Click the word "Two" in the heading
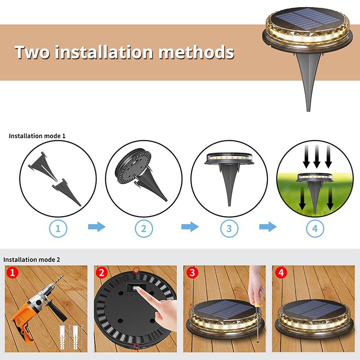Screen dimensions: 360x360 (32, 52)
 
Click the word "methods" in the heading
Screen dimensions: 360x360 (196, 52)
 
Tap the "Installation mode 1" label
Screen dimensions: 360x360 (37, 136)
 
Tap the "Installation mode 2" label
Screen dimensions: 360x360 (31, 260)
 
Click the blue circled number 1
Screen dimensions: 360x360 (58, 229)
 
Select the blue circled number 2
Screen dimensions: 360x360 (144, 229)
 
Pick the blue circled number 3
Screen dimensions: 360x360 (229, 229)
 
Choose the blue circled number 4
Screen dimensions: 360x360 (315, 229)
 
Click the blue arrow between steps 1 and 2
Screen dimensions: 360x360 (97, 227)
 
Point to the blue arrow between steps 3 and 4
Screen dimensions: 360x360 (268, 227)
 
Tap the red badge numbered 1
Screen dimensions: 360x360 (13, 273)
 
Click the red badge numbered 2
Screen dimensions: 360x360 (102, 273)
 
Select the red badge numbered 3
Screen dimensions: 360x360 (192, 273)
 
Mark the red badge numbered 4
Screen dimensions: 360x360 (281, 273)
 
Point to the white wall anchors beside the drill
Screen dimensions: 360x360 (71, 336)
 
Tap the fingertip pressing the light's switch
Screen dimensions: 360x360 (139, 291)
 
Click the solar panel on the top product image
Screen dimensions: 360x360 (307, 18)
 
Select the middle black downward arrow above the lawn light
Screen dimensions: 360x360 (317, 156)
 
